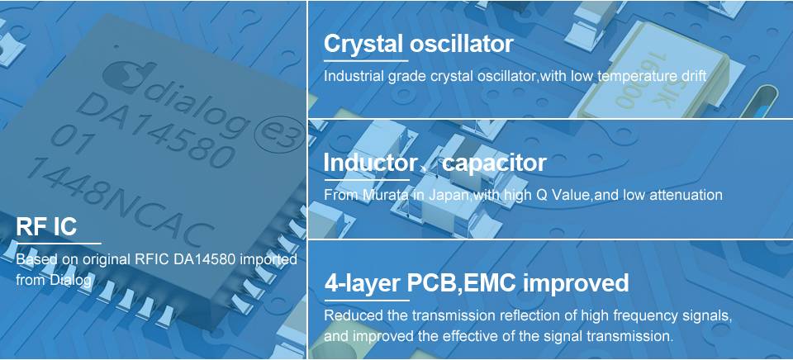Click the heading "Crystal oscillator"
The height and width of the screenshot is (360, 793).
(x=418, y=44)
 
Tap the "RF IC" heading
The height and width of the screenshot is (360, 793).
(x=46, y=226)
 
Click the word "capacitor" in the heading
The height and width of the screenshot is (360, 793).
(x=494, y=163)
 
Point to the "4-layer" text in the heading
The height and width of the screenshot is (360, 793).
(x=363, y=284)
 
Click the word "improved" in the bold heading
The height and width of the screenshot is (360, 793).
(x=576, y=284)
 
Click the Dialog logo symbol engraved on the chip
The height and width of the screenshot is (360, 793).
(x=126, y=76)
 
